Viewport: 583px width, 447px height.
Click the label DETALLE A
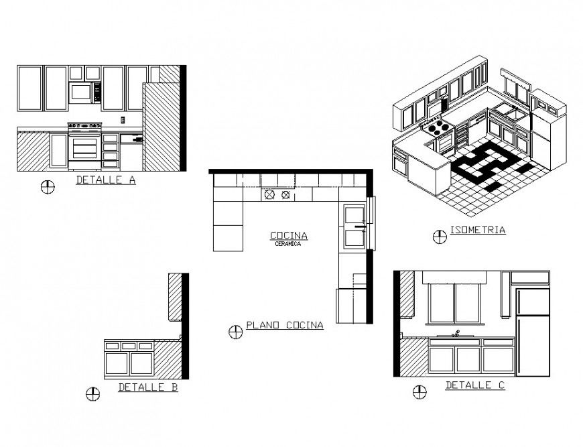tap(105, 180)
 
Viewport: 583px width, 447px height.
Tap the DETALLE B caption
tap(147, 387)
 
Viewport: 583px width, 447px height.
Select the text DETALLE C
tap(475, 385)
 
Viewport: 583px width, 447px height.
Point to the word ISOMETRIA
tap(478, 230)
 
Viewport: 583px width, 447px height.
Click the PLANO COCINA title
tap(285, 326)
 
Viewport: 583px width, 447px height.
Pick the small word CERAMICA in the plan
tap(288, 244)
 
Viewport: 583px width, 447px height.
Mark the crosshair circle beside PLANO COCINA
tap(235, 332)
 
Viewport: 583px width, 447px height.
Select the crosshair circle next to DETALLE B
tap(93, 394)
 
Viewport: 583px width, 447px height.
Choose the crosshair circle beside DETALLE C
tap(419, 392)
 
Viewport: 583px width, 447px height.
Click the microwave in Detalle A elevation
tap(81, 92)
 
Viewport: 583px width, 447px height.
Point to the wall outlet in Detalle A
tap(123, 120)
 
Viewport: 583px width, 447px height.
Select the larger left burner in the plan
tap(269, 195)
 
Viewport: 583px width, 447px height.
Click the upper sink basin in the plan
tap(352, 215)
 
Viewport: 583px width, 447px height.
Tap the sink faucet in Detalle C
tap(457, 332)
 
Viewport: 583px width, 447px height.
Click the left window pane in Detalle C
tap(442, 303)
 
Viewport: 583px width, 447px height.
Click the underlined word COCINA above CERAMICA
tap(289, 235)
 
